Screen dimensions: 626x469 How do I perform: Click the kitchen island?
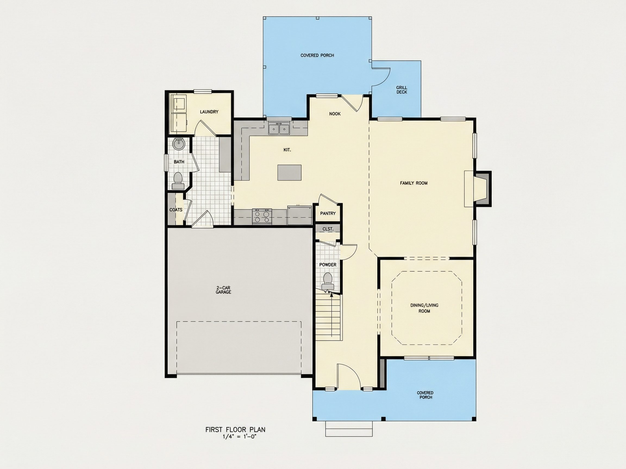tap(290, 172)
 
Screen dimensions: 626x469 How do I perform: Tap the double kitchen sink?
tap(279, 129)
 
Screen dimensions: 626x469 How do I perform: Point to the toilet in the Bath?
tap(178, 181)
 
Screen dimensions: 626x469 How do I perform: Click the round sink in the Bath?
tap(179, 144)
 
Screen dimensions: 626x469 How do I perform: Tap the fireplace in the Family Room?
tap(478, 189)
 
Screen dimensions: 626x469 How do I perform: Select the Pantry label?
tap(328, 213)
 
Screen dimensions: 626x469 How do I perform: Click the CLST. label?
tap(328, 229)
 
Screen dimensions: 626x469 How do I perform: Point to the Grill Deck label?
tap(402, 90)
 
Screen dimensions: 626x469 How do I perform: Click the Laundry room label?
tap(209, 112)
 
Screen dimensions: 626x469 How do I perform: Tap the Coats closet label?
tap(176, 210)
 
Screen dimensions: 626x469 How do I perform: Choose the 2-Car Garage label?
tap(223, 290)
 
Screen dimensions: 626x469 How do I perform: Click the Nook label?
tap(335, 114)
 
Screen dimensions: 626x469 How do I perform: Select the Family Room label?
tap(414, 183)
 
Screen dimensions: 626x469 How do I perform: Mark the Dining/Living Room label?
tap(424, 308)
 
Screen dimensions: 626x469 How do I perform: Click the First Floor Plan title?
tap(236, 430)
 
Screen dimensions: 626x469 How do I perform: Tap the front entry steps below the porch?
tap(349, 429)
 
